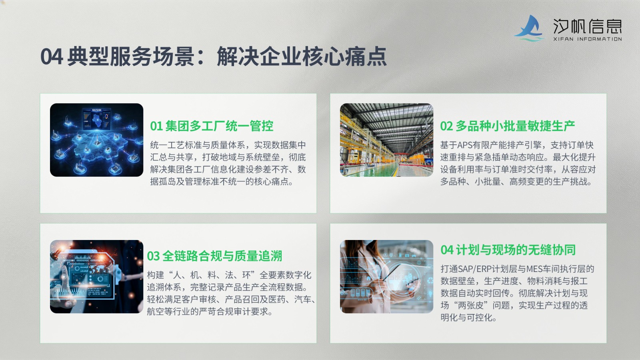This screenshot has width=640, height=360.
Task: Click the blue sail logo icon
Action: click(529, 28)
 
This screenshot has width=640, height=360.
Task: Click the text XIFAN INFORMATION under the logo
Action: click(588, 39)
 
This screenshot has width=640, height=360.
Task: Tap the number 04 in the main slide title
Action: click(52, 56)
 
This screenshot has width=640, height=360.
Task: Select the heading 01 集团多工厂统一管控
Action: click(212, 126)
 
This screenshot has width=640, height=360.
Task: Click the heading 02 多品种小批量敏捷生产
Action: click(508, 126)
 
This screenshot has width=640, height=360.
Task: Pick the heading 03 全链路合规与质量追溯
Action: click(214, 256)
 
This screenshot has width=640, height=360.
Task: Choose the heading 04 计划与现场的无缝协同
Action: click(508, 250)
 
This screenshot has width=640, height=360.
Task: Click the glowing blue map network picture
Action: click(96, 140)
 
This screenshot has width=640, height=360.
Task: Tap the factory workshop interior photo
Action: click(386, 140)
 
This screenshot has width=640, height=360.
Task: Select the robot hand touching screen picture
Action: click(96, 276)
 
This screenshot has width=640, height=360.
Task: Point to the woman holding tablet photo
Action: click(386, 276)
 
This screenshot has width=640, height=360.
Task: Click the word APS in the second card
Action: click(465, 145)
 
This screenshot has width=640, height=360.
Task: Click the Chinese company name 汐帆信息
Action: click(587, 26)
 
